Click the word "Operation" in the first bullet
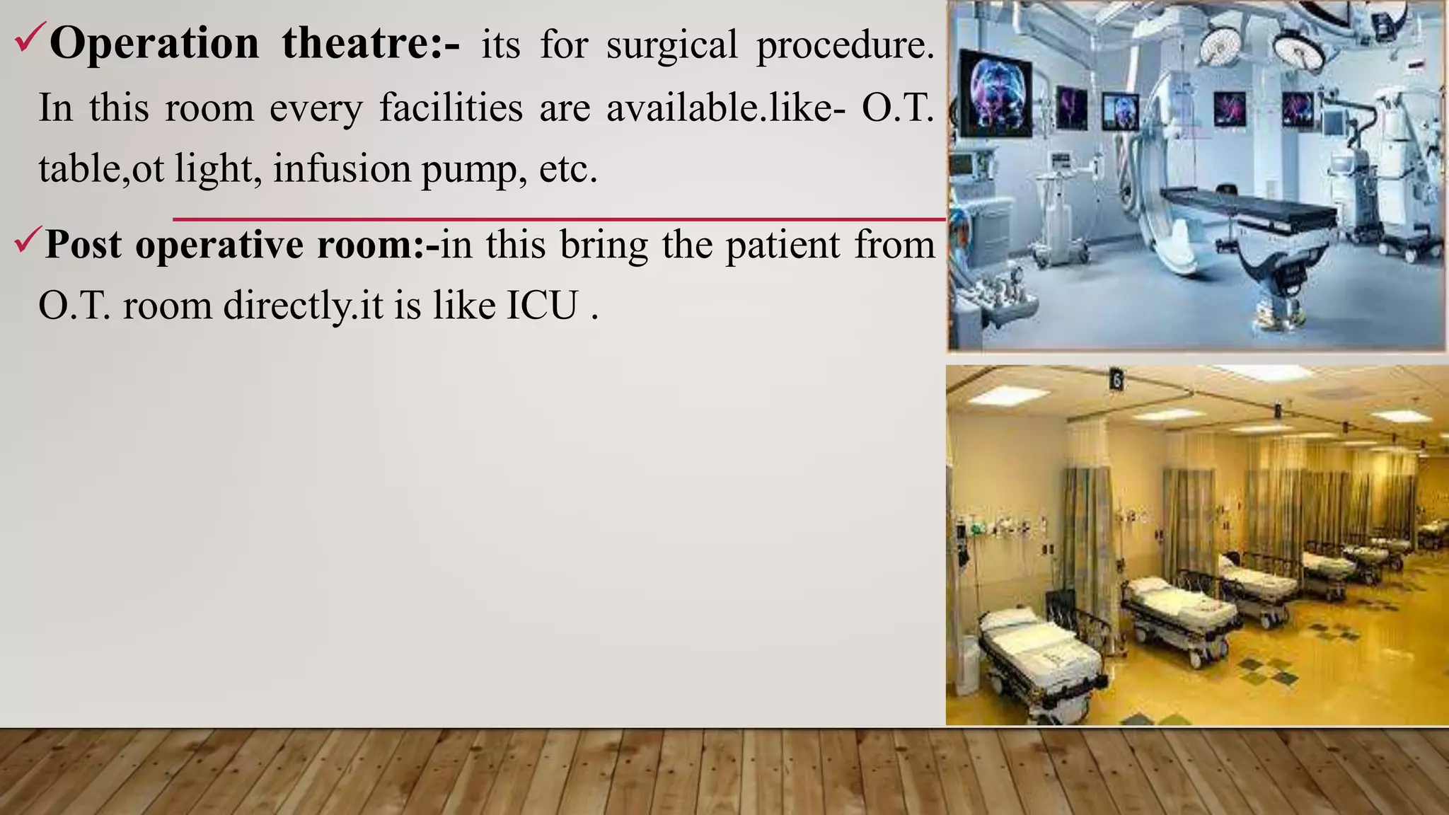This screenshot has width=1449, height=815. (154, 44)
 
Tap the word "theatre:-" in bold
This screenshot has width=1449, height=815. (371, 44)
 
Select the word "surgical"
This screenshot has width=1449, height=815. (672, 45)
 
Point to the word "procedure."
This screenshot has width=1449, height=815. (845, 45)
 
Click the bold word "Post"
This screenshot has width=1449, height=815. (83, 245)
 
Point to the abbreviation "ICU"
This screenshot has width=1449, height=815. (541, 306)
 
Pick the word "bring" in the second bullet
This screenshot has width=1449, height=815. (604, 245)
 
